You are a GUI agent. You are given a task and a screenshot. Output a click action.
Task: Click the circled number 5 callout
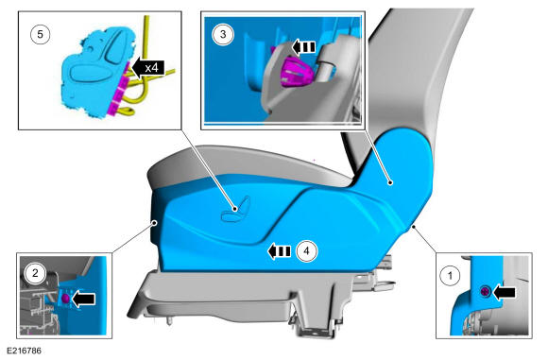click(41, 34)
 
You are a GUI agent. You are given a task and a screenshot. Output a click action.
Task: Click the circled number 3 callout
click(223, 34)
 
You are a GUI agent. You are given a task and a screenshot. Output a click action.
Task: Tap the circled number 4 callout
click(306, 251)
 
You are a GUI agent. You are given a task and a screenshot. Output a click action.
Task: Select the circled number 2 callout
click(35, 273)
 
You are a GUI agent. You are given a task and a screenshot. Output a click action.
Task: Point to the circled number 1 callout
click(450, 276)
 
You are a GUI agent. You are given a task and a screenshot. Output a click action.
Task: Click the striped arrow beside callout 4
click(279, 251)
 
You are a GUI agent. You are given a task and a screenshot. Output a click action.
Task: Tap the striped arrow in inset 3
click(303, 47)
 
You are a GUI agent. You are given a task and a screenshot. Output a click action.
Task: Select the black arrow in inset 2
click(83, 299)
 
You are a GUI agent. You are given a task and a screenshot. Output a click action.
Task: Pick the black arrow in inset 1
click(504, 292)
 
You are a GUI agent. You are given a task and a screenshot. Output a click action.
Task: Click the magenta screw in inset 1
click(486, 291)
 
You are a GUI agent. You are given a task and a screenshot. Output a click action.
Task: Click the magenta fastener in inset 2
click(65, 299)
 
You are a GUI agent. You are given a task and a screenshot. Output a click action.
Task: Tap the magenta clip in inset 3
click(296, 72)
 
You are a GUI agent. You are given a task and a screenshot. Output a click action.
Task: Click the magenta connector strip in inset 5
click(119, 89)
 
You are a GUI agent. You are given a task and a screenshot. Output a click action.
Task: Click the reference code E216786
click(25, 351)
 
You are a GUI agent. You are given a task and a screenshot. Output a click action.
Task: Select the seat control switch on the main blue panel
click(236, 210)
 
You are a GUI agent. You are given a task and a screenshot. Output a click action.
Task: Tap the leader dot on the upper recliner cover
click(391, 182)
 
